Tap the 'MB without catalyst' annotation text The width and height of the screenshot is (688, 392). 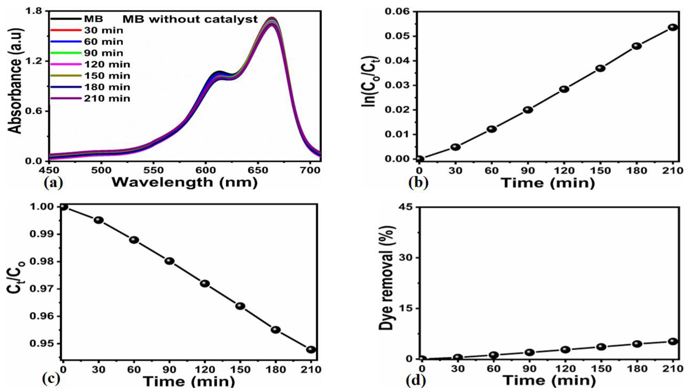(190, 19)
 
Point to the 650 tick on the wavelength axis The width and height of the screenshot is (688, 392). (258, 170)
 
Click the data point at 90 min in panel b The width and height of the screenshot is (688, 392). (528, 110)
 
